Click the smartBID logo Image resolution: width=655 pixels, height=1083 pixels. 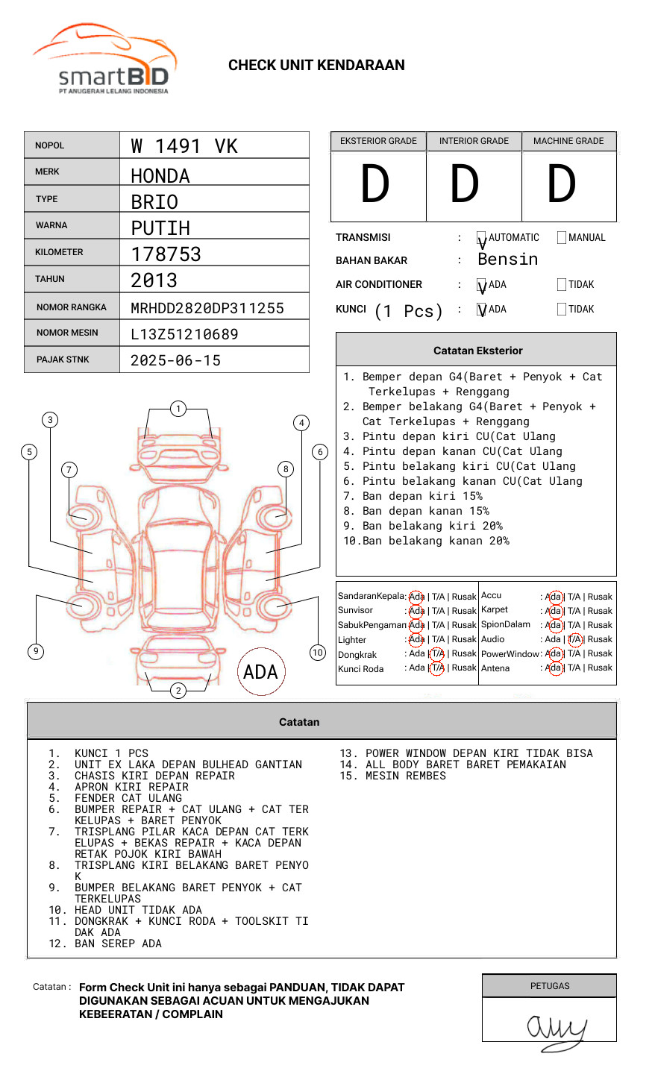coord(104,60)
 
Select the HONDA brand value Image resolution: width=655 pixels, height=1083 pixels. coord(160,176)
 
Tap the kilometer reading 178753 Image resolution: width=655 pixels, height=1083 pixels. coord(166,254)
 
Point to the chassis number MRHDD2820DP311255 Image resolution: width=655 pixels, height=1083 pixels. coord(207,308)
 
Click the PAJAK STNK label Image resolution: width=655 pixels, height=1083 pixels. coord(63,360)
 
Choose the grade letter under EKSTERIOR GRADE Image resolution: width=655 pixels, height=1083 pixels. coord(375,185)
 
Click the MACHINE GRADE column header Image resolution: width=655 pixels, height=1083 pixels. coord(568,141)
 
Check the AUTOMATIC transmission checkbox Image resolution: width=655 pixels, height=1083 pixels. coord(482,238)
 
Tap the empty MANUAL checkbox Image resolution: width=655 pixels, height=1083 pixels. coord(562,238)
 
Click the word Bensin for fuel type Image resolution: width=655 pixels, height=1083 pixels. coord(507,260)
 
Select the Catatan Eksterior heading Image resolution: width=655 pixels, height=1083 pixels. coord(477,351)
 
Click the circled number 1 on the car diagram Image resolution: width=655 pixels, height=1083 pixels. coord(178,408)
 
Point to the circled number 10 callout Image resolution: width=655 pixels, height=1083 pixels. coord(318,653)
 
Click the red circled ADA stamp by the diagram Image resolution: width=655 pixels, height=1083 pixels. coord(260,672)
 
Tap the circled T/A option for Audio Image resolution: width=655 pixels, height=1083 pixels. coord(574,639)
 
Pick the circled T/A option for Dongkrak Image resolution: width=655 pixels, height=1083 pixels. coord(437,653)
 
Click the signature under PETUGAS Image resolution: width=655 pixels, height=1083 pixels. coord(556,1029)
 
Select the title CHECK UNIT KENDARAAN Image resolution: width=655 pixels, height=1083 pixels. coord(316,66)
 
